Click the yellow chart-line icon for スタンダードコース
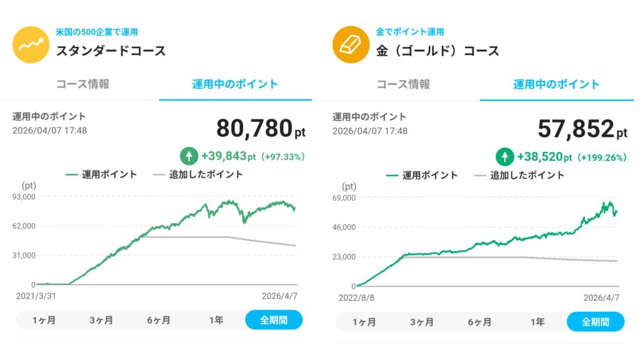(x=30, y=45)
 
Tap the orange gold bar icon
(x=350, y=45)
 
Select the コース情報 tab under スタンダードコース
(x=82, y=84)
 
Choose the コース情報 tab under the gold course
(x=403, y=84)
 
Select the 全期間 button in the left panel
(x=274, y=320)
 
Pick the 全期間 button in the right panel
(x=595, y=322)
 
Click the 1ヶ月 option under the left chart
(x=44, y=320)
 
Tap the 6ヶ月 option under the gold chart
(x=480, y=322)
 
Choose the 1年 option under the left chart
(x=216, y=320)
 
